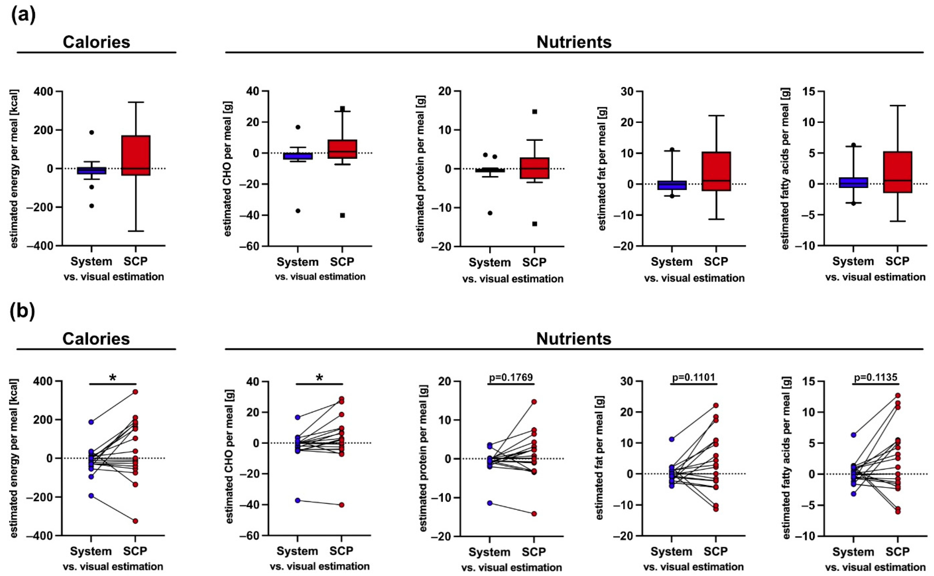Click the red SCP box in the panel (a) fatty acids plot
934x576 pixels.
(x=897, y=172)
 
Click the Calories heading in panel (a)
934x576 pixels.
(x=96, y=42)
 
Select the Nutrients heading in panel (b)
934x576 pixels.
(x=574, y=338)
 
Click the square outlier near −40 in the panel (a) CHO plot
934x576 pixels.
(x=342, y=215)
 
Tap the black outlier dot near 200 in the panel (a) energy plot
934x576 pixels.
(x=91, y=132)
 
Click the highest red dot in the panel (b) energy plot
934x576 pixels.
(x=135, y=392)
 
